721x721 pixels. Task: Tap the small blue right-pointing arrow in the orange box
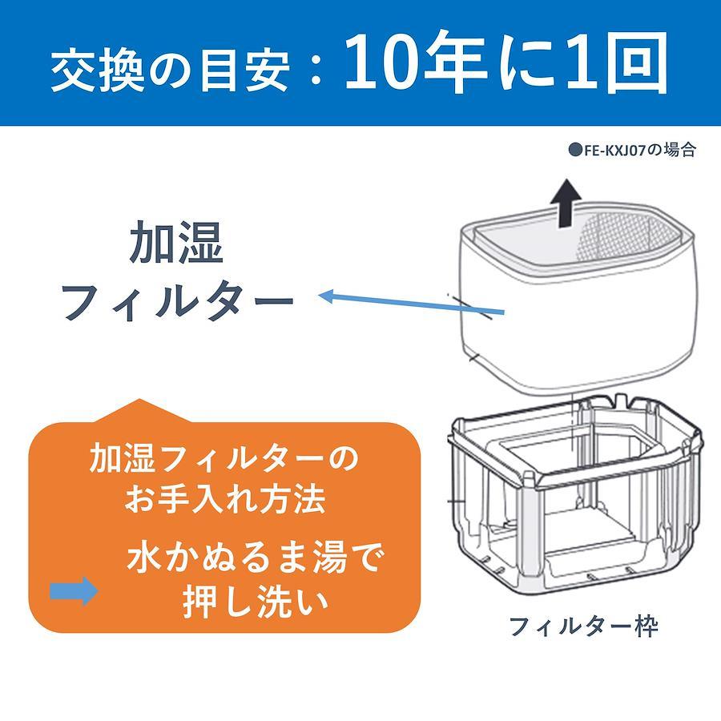pyautogui.click(x=74, y=590)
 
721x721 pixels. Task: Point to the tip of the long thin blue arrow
pyautogui.click(x=319, y=296)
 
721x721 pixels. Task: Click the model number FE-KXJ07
pyautogui.click(x=614, y=151)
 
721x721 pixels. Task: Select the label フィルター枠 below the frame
pyautogui.click(x=584, y=626)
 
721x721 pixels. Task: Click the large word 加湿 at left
pyautogui.click(x=176, y=242)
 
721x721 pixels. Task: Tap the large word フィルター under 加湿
pyautogui.click(x=179, y=302)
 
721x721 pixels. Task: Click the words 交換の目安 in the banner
pyautogui.click(x=171, y=69)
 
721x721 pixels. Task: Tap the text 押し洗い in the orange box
pyautogui.click(x=256, y=602)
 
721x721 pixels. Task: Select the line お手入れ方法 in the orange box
pyautogui.click(x=225, y=500)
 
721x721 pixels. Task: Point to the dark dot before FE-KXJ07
pyautogui.click(x=575, y=151)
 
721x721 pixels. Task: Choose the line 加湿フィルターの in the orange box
pyautogui.click(x=224, y=458)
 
